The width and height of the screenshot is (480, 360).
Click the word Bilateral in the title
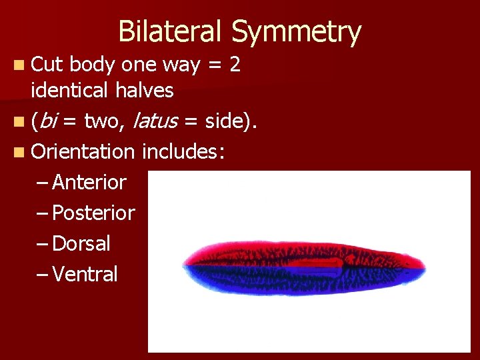[171, 31]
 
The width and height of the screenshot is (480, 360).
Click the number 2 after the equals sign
[234, 65]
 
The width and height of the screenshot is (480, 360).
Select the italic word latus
[155, 121]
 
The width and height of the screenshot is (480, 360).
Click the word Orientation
[83, 151]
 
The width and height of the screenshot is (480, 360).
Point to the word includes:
[183, 151]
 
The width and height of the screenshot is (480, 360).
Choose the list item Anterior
[89, 182]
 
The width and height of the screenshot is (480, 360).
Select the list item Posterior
[93, 213]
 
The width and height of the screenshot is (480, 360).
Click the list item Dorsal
[81, 243]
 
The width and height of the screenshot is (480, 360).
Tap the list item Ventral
[85, 274]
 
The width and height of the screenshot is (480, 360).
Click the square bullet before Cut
[22, 65]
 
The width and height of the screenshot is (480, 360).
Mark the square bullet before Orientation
[22, 152]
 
